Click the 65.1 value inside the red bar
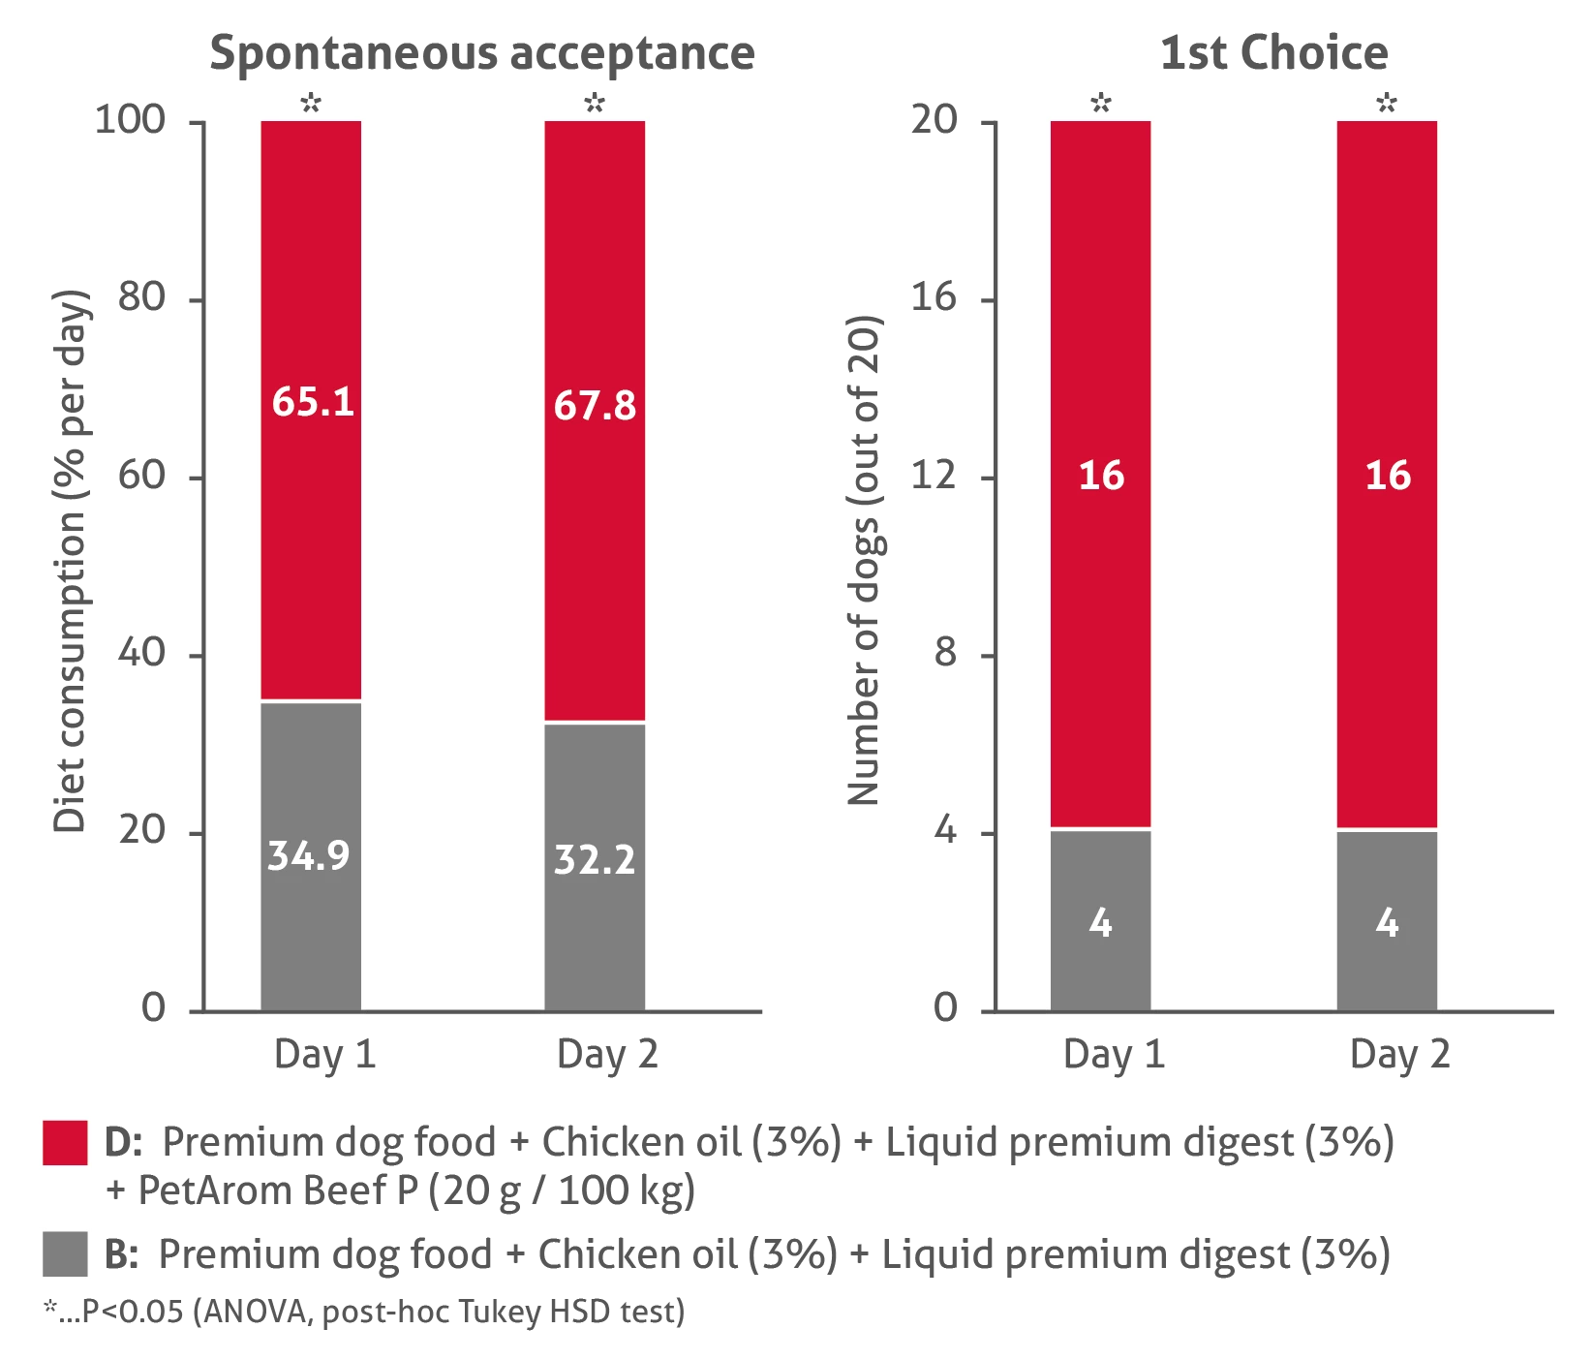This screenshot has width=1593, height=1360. [x=313, y=401]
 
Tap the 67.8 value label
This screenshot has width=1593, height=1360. [x=595, y=406]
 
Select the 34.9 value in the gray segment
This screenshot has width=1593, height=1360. [x=309, y=855]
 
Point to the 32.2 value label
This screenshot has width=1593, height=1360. [x=595, y=860]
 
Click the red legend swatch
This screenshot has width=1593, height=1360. [x=65, y=1143]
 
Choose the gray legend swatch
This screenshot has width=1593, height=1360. [x=65, y=1253]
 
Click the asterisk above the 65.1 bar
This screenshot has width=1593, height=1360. [x=310, y=102]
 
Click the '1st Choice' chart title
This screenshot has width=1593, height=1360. [x=1277, y=53]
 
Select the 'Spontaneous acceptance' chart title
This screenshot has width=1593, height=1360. [x=483, y=53]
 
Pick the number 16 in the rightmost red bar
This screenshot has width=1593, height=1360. [x=1388, y=476]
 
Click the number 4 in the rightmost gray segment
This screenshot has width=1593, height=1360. [x=1388, y=923]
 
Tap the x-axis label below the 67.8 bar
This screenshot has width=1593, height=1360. [x=607, y=1053]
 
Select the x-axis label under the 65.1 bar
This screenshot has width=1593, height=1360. [x=323, y=1053]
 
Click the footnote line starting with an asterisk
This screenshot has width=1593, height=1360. [x=363, y=1313]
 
